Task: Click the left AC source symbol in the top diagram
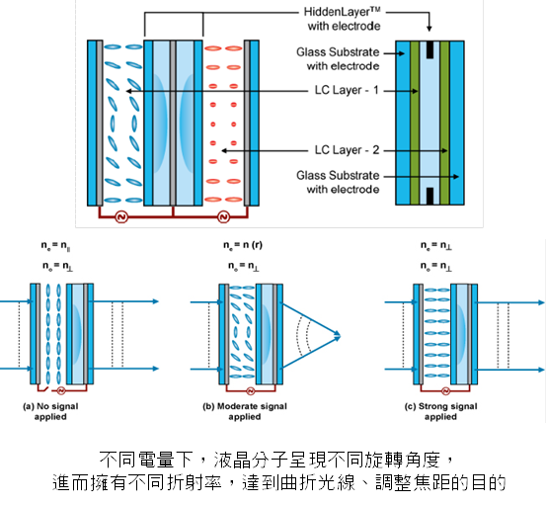click(x=122, y=216)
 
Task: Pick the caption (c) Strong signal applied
click(x=440, y=411)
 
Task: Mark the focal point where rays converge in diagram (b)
click(x=340, y=336)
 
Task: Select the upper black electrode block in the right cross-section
click(x=429, y=48)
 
